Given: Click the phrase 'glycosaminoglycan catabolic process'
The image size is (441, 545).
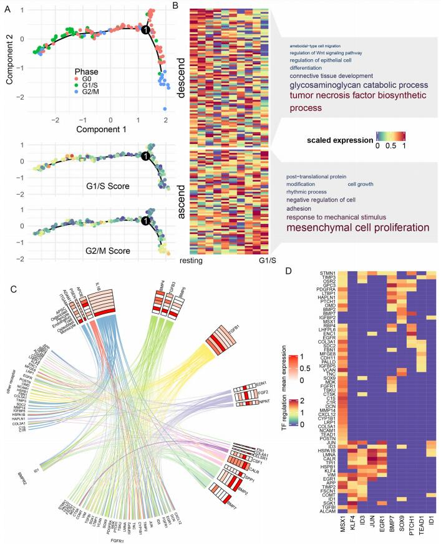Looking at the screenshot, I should (x=357, y=85).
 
